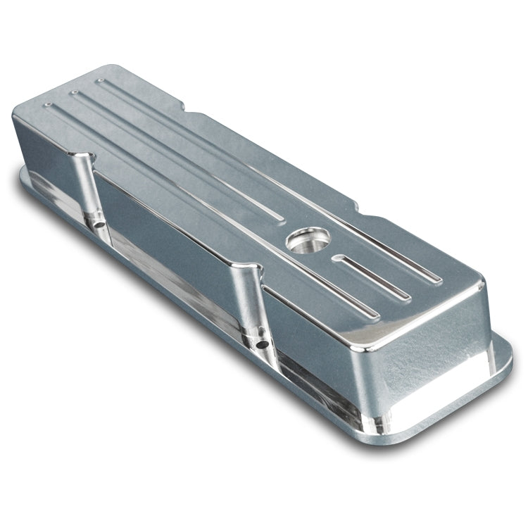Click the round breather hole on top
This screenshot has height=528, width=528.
(x=308, y=240)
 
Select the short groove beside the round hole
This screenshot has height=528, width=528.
(x=372, y=276)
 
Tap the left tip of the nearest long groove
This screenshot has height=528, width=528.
(x=47, y=106)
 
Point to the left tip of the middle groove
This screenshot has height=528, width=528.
(x=73, y=92)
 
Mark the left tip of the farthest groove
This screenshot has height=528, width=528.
(x=100, y=81)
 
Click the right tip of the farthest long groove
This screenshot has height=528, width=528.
(x=438, y=280)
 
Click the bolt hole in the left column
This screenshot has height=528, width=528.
(x=98, y=225)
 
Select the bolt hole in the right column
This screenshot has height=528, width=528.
(x=261, y=344)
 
